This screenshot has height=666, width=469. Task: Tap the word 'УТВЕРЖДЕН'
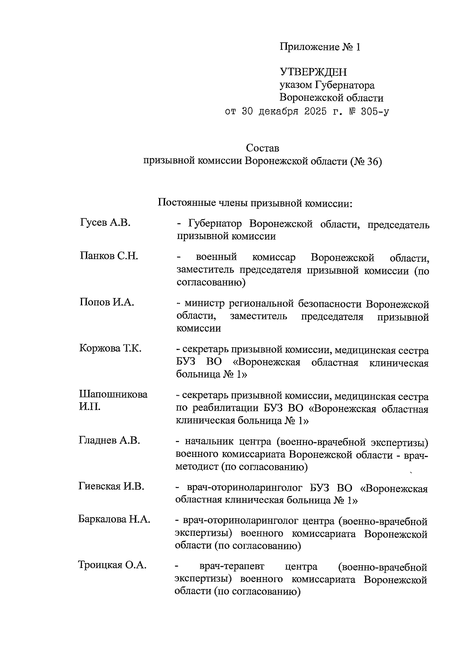pyautogui.click(x=313, y=72)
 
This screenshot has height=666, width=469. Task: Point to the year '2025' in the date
pyautogui.click(x=314, y=112)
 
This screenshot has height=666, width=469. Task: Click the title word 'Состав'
pyautogui.click(x=263, y=148)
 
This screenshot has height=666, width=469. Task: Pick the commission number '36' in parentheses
pyautogui.click(x=371, y=161)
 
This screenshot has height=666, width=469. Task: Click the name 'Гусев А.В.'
pyautogui.click(x=105, y=223)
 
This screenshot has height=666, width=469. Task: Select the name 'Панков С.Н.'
pyautogui.click(x=109, y=256)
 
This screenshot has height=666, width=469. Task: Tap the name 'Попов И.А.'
pyautogui.click(x=107, y=302)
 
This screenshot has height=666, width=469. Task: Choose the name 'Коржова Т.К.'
pyautogui.click(x=110, y=348)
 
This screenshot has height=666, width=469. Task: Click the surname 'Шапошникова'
pyautogui.click(x=113, y=394)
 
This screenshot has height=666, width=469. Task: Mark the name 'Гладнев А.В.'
pyautogui.click(x=109, y=440)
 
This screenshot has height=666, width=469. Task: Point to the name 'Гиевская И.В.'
pyautogui.click(x=111, y=486)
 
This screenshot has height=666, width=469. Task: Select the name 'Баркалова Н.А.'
pyautogui.click(x=114, y=520)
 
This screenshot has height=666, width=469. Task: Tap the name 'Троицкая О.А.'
pyautogui.click(x=112, y=565)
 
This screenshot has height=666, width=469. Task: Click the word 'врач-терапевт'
pyautogui.click(x=232, y=567)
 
